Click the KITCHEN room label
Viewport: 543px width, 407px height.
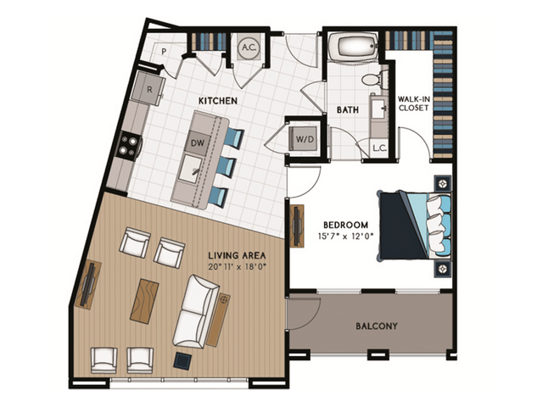click(x=217, y=101)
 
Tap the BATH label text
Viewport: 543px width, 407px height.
click(x=348, y=110)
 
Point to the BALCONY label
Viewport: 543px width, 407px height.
click(x=376, y=326)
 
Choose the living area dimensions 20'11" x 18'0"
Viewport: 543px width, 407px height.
click(x=238, y=267)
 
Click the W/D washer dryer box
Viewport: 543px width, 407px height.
click(x=304, y=138)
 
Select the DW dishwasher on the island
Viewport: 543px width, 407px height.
click(x=197, y=142)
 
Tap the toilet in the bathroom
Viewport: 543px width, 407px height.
click(x=370, y=81)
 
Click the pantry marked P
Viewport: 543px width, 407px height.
click(x=163, y=53)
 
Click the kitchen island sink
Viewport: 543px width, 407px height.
click(x=197, y=171)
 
